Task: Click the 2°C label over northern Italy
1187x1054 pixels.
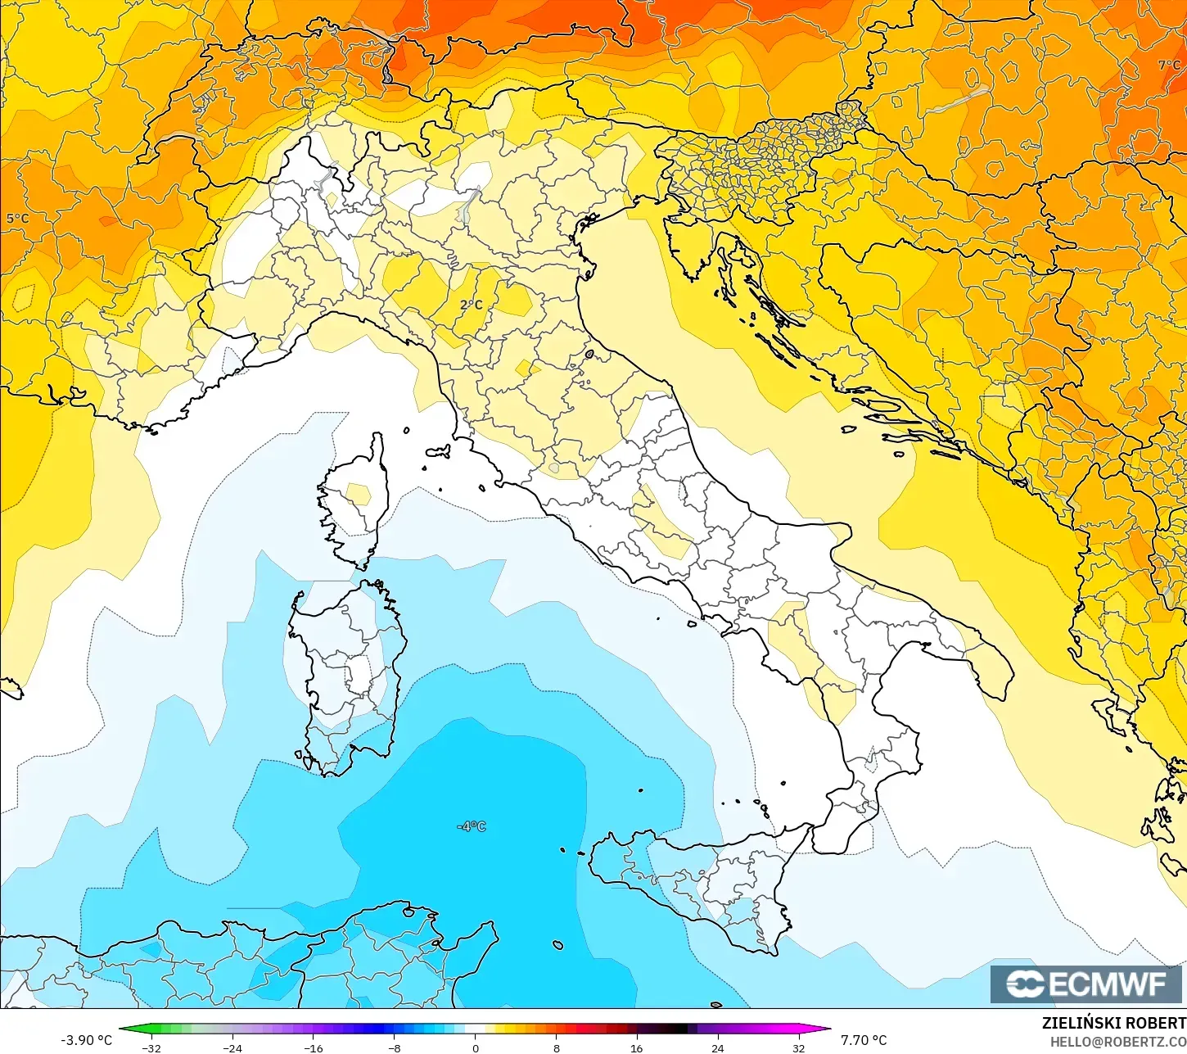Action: (x=471, y=305)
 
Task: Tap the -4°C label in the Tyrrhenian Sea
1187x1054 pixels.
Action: (x=472, y=826)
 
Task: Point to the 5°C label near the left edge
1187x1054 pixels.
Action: (x=17, y=219)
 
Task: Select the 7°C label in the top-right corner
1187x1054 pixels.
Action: (x=1169, y=65)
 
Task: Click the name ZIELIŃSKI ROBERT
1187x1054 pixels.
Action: (x=1113, y=1023)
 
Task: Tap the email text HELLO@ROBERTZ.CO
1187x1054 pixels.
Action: (x=1118, y=1041)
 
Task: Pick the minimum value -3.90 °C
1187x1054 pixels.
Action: (x=87, y=1040)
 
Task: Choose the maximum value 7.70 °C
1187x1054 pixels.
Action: (x=864, y=1040)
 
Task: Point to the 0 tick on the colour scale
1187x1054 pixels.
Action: (x=476, y=1047)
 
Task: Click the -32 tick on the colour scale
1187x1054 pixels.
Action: (x=151, y=1047)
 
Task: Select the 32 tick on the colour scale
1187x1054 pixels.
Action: (x=799, y=1047)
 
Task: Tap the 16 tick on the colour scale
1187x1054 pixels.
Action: (x=637, y=1047)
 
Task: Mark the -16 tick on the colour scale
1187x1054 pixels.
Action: (x=314, y=1047)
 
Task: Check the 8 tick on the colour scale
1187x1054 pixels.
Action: (x=557, y=1047)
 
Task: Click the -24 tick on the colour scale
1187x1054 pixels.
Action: (x=232, y=1047)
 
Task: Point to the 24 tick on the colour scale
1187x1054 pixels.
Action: (x=718, y=1047)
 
